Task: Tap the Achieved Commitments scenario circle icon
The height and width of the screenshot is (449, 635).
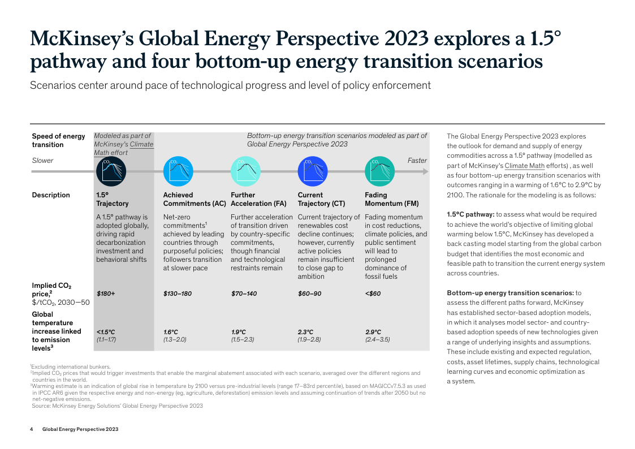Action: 178,171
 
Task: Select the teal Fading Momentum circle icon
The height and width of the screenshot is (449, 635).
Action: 379,171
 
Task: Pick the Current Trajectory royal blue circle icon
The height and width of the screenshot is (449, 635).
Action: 313,171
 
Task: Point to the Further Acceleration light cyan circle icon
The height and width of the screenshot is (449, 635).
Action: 245,171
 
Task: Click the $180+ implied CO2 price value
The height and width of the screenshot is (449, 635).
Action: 106,293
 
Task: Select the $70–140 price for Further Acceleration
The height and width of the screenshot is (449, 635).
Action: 244,293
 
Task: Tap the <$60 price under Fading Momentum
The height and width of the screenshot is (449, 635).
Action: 373,293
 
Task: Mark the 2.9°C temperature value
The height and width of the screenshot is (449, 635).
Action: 374,332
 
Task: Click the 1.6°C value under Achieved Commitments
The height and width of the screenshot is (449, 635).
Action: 171,332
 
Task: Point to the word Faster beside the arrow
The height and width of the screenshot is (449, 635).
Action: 417,161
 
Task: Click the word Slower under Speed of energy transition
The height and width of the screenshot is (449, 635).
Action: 42,161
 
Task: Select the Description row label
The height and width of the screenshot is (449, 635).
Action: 51,195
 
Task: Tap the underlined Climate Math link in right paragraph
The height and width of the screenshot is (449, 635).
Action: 524,166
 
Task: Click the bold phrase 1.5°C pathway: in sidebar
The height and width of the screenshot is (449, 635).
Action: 470,214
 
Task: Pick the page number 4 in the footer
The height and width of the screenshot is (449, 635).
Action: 32,429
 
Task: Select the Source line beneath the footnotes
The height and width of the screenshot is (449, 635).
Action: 116,405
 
